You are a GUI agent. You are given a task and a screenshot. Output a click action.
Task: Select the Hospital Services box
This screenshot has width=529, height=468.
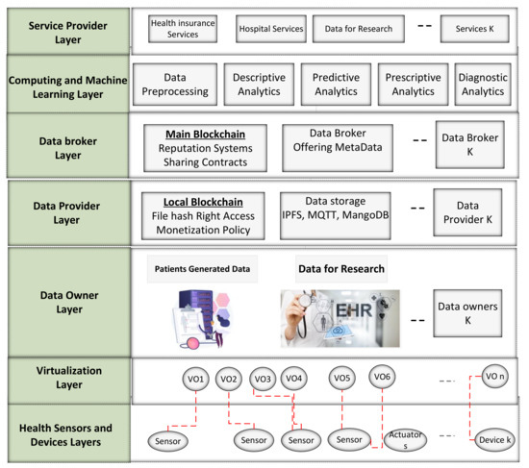click(x=270, y=29)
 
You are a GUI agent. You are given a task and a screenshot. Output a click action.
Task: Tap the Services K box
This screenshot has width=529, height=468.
click(x=473, y=29)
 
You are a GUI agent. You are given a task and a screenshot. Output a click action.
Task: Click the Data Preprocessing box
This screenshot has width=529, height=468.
click(x=173, y=84)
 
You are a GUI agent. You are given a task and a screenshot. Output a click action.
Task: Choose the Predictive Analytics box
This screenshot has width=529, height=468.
click(x=334, y=84)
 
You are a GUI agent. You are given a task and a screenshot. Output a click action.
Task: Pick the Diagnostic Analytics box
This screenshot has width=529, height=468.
click(x=481, y=84)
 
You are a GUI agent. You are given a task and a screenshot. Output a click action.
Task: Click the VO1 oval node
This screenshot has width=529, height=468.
click(x=195, y=378)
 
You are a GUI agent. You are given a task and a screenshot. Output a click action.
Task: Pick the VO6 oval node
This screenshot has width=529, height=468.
click(x=382, y=376)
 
